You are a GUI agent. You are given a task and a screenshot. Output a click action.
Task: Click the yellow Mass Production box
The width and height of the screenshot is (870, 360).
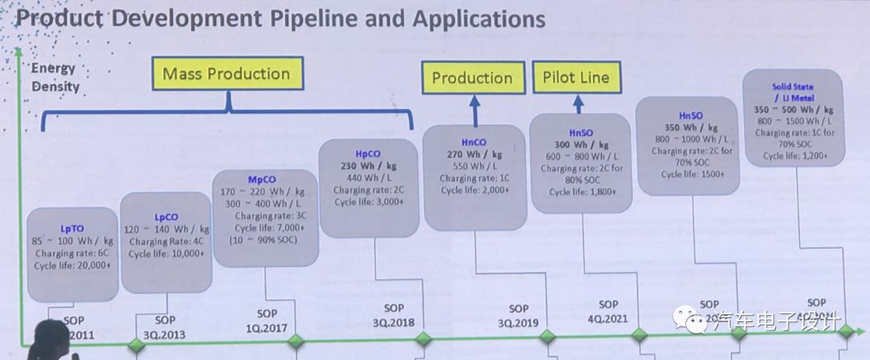pos(226,74)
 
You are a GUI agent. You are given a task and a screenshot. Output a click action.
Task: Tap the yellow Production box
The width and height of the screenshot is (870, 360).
pos(472,78)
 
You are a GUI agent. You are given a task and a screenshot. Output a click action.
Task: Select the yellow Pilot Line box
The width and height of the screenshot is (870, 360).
pos(576,77)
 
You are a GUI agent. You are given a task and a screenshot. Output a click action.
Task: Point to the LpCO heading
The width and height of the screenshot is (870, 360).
pos(165,217)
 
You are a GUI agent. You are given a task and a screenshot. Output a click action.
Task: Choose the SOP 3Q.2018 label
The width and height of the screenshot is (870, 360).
pos(394,315)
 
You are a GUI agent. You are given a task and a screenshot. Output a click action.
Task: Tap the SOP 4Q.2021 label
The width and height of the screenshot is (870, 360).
pos(608,312)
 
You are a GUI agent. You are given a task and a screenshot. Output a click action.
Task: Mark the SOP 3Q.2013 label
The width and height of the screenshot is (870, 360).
pos(164,327)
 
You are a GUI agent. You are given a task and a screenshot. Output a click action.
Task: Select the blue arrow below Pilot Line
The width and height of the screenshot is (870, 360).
pos(577,102)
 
